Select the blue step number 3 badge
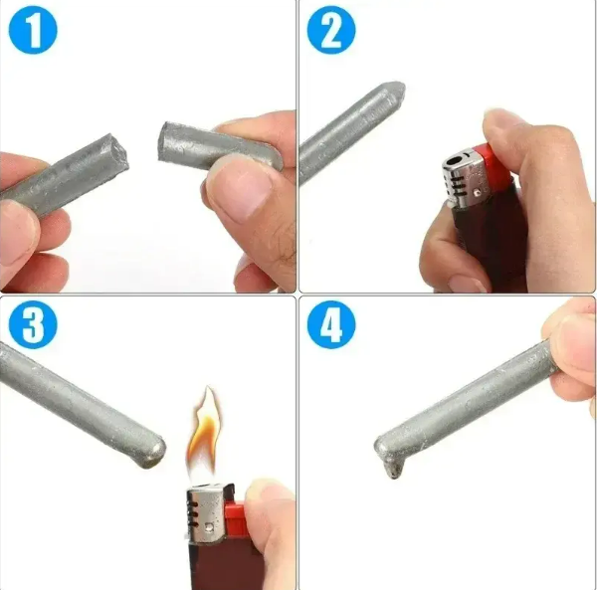(34, 325)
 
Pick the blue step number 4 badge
(331, 325)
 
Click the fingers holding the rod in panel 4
(575, 348)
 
